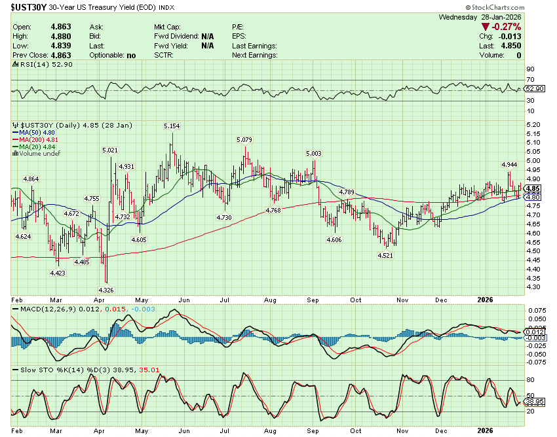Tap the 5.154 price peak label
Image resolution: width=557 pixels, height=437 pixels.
(x=172, y=125)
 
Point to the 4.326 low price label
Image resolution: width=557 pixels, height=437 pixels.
(x=106, y=289)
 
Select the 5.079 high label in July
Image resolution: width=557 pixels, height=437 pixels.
(x=244, y=139)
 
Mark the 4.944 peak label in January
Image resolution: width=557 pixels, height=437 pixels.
(x=509, y=164)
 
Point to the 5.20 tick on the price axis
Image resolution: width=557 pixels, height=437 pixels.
(x=532, y=124)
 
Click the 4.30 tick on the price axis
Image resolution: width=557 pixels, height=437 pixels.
(x=532, y=287)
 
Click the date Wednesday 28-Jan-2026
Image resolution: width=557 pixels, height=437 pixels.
(x=486, y=16)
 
